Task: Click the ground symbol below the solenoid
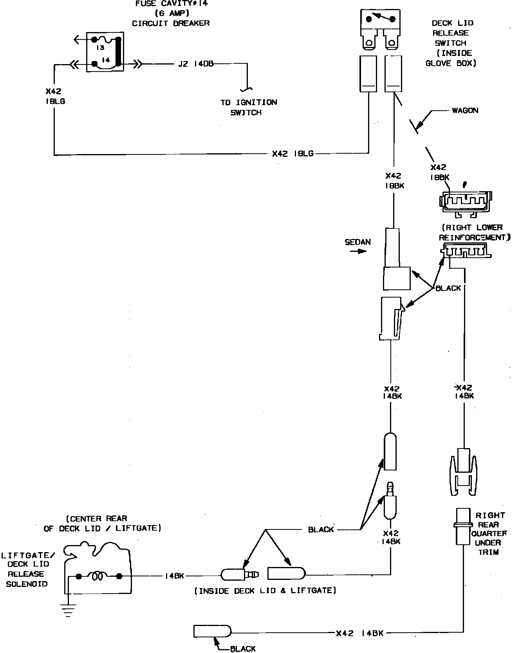coord(68,610)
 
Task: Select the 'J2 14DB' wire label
coord(196,64)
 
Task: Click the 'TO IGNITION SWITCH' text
coord(248,108)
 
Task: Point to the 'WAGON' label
coord(465,111)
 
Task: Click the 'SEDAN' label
coord(357,242)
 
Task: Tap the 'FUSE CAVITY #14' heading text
coord(172,4)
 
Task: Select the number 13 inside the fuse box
coord(100,48)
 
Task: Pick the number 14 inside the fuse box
coord(105,60)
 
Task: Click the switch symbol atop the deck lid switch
coord(378,18)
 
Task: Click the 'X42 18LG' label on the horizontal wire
coord(293,154)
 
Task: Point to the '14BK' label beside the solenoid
coord(174,576)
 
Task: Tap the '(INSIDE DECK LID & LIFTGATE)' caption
coord(265,590)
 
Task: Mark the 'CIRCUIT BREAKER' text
coord(171,23)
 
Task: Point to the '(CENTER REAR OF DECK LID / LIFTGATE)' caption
coord(102,523)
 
